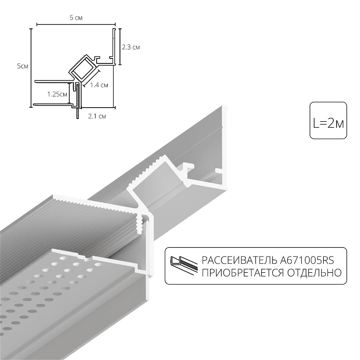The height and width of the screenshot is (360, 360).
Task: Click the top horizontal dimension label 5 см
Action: (x=76, y=18)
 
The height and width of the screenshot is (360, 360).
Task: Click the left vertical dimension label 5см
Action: (x=22, y=66)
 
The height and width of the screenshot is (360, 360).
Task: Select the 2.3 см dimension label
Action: (x=131, y=47)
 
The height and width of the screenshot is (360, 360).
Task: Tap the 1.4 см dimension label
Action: (x=99, y=85)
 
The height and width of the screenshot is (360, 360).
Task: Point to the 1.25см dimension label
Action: (x=57, y=94)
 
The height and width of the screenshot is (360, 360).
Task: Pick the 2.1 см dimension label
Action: (x=97, y=116)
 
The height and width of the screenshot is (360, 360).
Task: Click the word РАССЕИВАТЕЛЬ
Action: (x=240, y=261)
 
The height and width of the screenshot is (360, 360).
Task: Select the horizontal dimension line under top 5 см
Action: (x=76, y=24)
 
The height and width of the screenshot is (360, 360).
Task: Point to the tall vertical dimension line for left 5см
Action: (x=30, y=67)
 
